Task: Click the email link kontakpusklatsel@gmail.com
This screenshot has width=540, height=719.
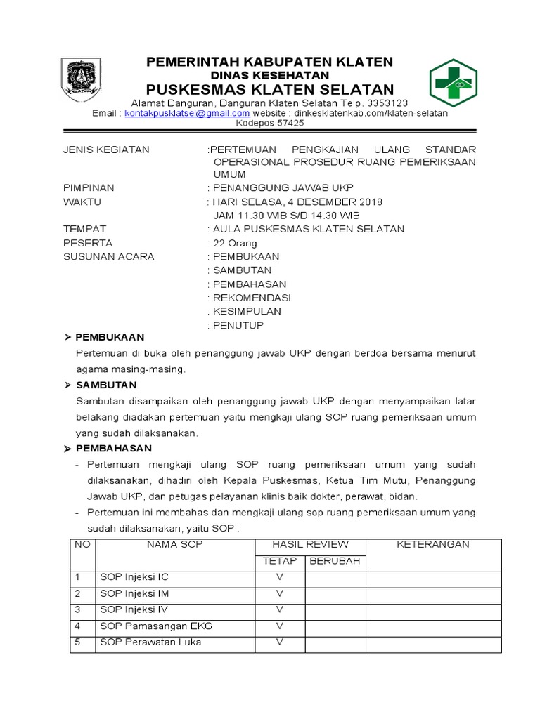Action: (187, 113)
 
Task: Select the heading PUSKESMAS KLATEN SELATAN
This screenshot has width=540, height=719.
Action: (269, 89)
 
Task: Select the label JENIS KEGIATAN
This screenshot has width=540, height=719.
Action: (106, 150)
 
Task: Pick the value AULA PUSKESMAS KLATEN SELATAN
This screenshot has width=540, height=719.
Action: (309, 229)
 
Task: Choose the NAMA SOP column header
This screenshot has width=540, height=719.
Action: (174, 545)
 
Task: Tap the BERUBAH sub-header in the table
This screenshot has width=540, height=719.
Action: (335, 561)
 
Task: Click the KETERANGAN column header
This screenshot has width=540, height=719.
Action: (432, 545)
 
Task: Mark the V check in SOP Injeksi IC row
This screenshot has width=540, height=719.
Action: (280, 577)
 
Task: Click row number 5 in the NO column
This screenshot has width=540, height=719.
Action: (79, 642)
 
